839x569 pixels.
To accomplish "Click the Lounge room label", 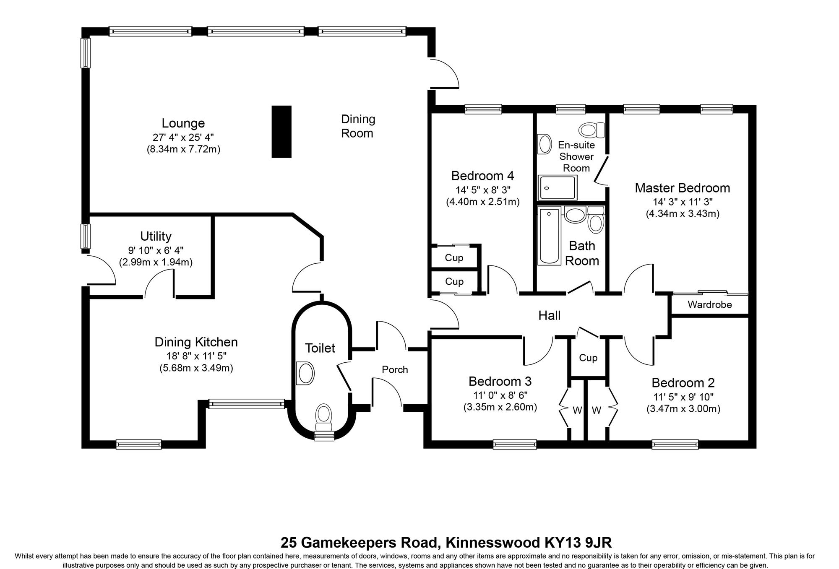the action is [183, 123].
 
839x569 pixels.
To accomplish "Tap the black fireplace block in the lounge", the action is [281, 132].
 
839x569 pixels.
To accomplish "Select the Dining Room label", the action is [357, 126].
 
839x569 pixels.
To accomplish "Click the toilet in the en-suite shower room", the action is [591, 130].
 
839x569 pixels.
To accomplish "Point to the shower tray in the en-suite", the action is [558, 188].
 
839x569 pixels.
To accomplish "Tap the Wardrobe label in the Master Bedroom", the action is [710, 305].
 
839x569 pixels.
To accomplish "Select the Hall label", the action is [549, 315].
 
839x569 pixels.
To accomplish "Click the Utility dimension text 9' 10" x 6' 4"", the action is [156, 250].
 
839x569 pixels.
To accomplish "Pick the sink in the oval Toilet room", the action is [305, 373].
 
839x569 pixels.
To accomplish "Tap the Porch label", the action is [395, 369].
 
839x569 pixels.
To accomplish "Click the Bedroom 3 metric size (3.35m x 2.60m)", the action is [500, 407].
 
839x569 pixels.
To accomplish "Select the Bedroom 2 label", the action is [683, 383].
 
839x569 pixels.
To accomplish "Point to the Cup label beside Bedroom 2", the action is [588, 358].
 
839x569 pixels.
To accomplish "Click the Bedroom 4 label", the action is [482, 175].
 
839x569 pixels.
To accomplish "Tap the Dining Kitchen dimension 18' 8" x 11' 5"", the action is [196, 356].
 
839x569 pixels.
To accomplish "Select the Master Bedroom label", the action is [682, 188].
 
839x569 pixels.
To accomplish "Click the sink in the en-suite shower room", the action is [545, 144].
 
